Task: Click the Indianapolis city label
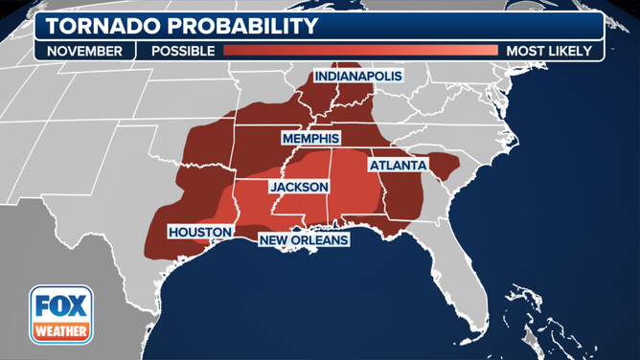[357, 75]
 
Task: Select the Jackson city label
[299, 187]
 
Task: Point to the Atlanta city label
[397, 165]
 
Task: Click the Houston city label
[199, 232]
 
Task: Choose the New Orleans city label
[304, 239]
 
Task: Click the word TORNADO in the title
[101, 23]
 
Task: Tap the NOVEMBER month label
[85, 51]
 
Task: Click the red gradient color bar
[360, 51]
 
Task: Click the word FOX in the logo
[61, 306]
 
